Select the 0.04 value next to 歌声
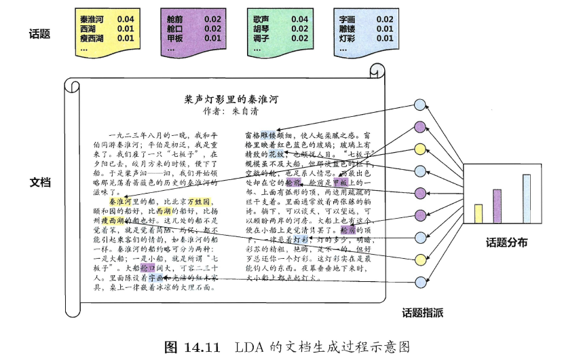299,20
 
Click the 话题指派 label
421,313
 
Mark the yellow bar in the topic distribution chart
478,213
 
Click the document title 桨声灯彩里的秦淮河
231,99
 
